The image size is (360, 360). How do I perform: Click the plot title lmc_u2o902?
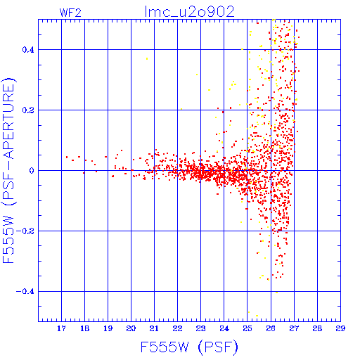pyautogui.click(x=190, y=12)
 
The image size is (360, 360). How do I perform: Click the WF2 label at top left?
pyautogui.click(x=70, y=13)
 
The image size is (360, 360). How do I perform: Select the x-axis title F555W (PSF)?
pyautogui.click(x=189, y=347)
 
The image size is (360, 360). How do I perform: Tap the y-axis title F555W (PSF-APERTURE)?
pyautogui.click(x=8, y=170)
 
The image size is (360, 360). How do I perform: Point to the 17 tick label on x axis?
pyautogui.click(x=61, y=328)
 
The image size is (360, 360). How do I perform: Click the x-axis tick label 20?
pyautogui.click(x=131, y=328)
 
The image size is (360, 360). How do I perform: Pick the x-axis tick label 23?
pyautogui.click(x=201, y=328)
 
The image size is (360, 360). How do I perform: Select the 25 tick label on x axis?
pyautogui.click(x=247, y=328)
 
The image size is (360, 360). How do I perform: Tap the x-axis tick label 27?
pyautogui.click(x=294, y=328)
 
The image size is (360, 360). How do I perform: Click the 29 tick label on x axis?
pyautogui.click(x=340, y=328)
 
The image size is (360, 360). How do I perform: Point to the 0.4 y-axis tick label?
pyautogui.click(x=28, y=50)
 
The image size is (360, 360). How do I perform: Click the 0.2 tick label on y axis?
pyautogui.click(x=28, y=110)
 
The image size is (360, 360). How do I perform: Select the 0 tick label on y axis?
pyautogui.click(x=32, y=171)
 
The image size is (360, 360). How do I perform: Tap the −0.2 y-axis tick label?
pyautogui.click(x=25, y=231)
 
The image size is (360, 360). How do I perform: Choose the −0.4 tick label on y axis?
pyautogui.click(x=25, y=292)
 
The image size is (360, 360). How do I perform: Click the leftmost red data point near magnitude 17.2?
pyautogui.click(x=67, y=157)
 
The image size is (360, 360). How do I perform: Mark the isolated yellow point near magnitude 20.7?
pyautogui.click(x=147, y=58)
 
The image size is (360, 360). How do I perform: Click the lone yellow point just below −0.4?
pyautogui.click(x=277, y=292)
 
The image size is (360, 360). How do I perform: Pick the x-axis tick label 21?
pyautogui.click(x=154, y=328)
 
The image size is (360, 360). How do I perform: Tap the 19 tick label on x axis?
pyautogui.click(x=108, y=328)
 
